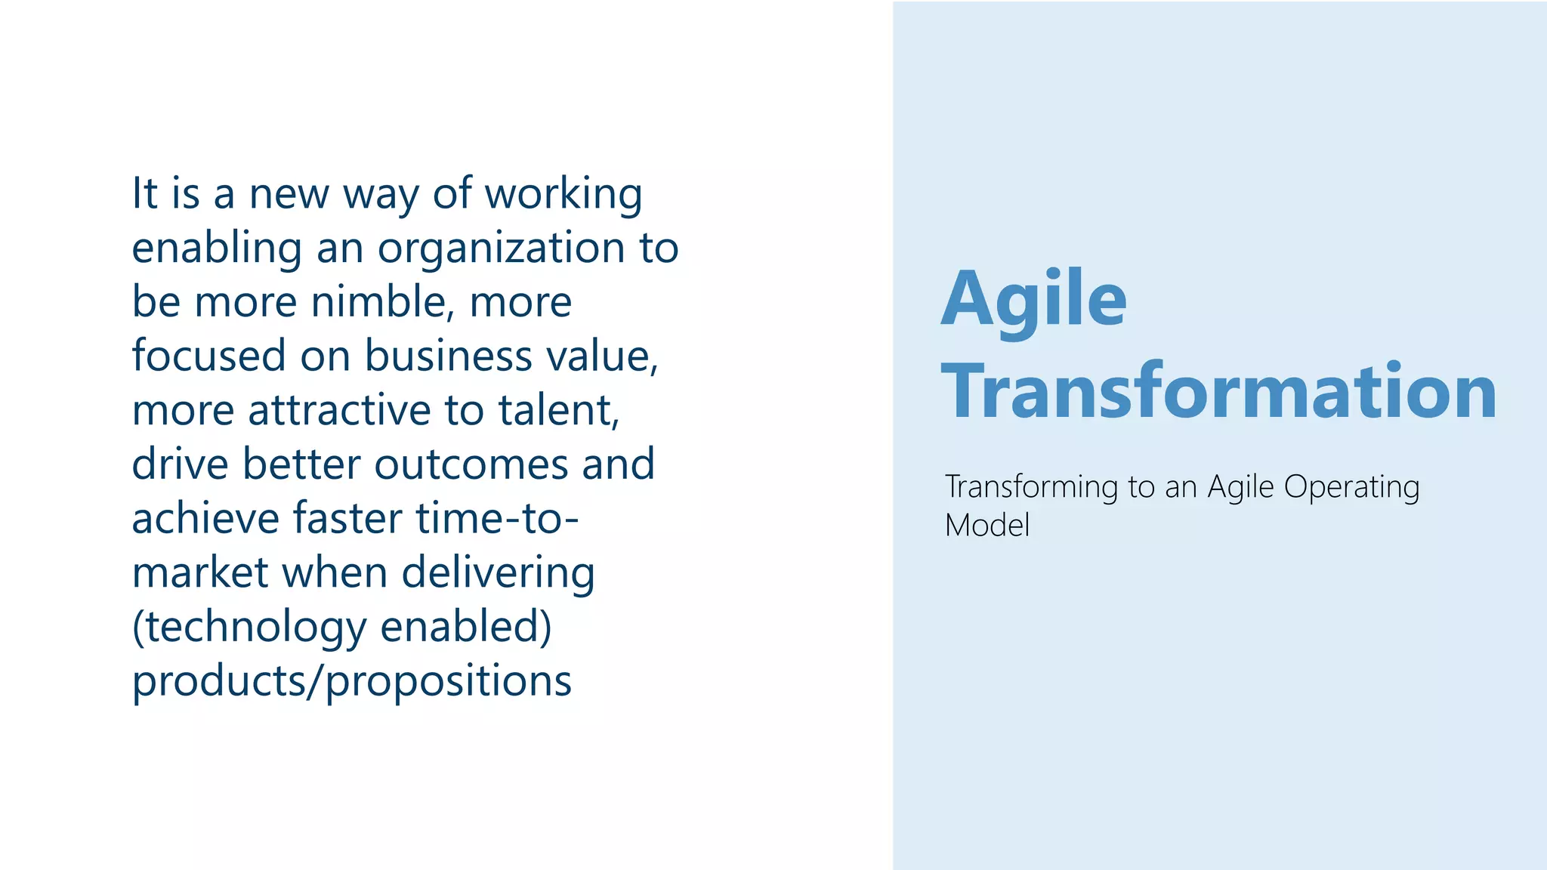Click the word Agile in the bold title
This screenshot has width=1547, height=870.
(x=1033, y=300)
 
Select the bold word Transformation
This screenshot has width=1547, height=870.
(x=1218, y=391)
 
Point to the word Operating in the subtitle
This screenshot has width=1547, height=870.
(x=1351, y=487)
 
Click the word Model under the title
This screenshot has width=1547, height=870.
(x=987, y=526)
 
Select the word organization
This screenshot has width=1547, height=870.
(x=501, y=248)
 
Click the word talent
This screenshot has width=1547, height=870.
(x=558, y=410)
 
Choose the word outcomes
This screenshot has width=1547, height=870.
(x=471, y=464)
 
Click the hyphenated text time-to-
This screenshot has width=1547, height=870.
(x=497, y=518)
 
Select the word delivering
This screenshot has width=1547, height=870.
(x=498, y=572)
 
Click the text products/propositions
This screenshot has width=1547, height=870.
(x=351, y=681)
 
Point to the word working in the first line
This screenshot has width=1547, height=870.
(x=563, y=194)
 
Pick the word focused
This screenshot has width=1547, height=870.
(x=208, y=356)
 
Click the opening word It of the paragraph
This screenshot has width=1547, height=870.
(x=144, y=193)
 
